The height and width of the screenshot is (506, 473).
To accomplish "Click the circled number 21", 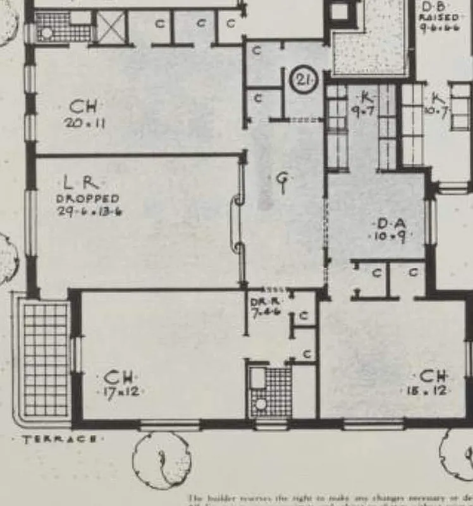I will [302, 80].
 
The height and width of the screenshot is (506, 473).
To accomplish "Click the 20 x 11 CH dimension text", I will [84, 123].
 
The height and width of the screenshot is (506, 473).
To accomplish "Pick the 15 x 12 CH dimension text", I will [425, 391].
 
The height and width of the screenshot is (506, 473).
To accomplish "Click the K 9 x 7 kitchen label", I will [366, 104].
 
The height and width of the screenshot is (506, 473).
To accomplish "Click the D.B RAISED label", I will [439, 18].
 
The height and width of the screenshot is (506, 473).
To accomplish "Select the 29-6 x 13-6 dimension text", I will [89, 212].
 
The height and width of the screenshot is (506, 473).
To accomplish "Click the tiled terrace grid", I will [45, 359].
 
